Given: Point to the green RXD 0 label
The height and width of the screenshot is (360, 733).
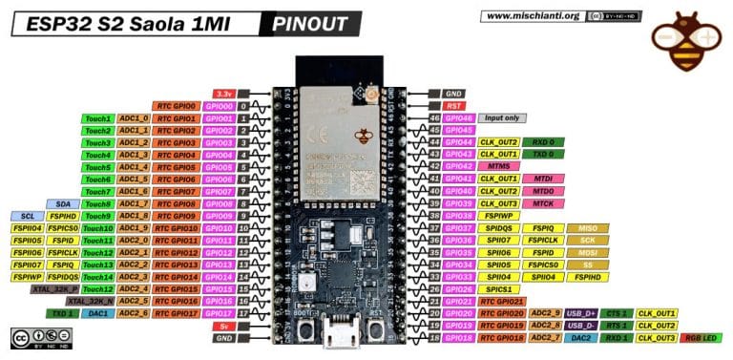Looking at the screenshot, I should pyautogui.click(x=541, y=141).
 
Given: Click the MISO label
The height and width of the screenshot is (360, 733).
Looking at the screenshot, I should pyautogui.click(x=587, y=228).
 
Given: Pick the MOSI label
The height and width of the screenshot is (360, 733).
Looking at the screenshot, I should pyautogui.click(x=587, y=252).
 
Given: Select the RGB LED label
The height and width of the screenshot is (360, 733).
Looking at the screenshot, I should pyautogui.click(x=703, y=338).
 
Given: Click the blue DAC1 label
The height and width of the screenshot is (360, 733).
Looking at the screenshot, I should pyautogui.click(x=96, y=313).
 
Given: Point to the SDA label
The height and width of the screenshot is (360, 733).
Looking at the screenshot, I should pyautogui.click(x=63, y=203).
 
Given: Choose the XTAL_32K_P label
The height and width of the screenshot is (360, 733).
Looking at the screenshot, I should pyautogui.click(x=55, y=288).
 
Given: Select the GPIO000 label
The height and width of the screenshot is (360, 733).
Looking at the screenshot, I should pyautogui.click(x=217, y=105).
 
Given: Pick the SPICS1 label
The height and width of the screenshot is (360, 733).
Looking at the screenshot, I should pyautogui.click(x=498, y=288).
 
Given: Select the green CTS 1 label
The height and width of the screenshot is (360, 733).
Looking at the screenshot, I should pyautogui.click(x=617, y=313).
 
